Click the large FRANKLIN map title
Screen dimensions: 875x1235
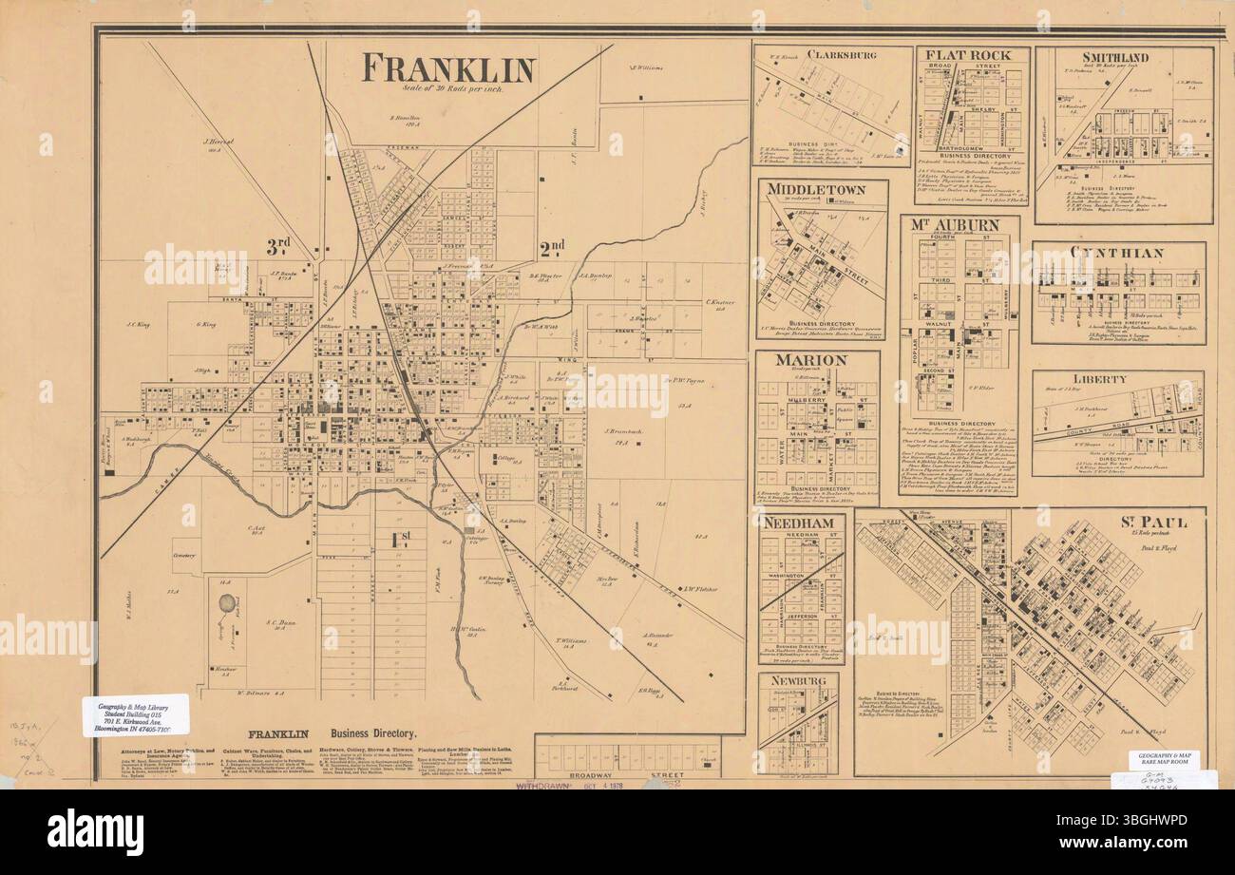tap(449, 68)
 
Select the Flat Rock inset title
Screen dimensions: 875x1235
tap(971, 54)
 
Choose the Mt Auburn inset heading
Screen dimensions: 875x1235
tap(959, 225)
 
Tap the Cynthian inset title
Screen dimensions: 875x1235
tap(1116, 253)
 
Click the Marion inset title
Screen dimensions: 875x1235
tap(810, 360)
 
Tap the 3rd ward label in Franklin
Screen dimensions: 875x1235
tap(277, 245)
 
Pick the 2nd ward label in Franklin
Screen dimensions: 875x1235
tap(552, 249)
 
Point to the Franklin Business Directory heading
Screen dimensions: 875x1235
tap(332, 734)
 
